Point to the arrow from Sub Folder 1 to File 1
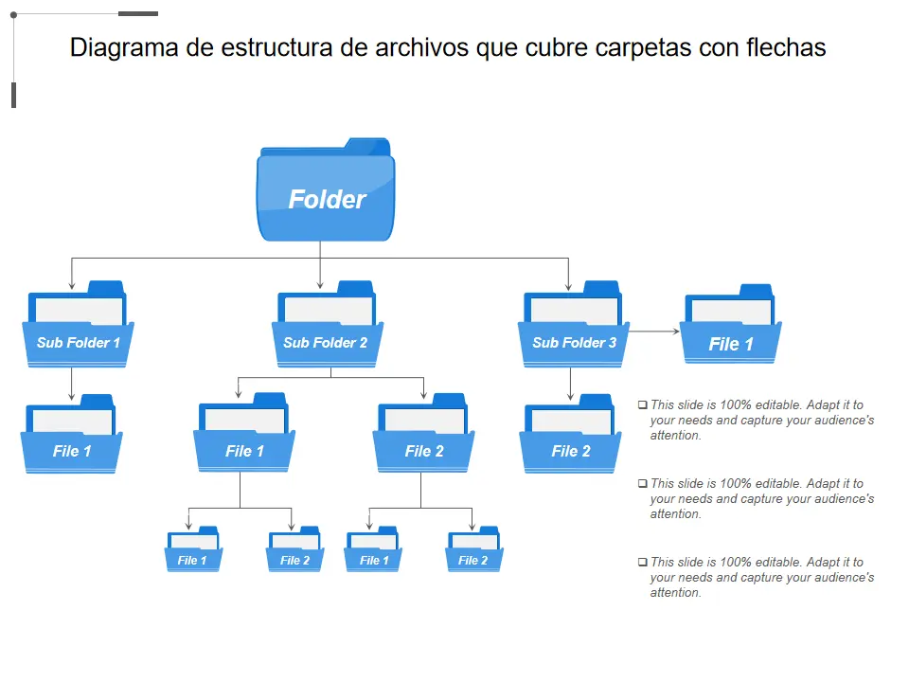pyautogui.click(x=72, y=383)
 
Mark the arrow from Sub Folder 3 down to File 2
pyautogui.click(x=570, y=383)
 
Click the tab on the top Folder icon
pyautogui.click(x=366, y=146)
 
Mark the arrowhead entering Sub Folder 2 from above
pyautogui.click(x=321, y=284)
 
